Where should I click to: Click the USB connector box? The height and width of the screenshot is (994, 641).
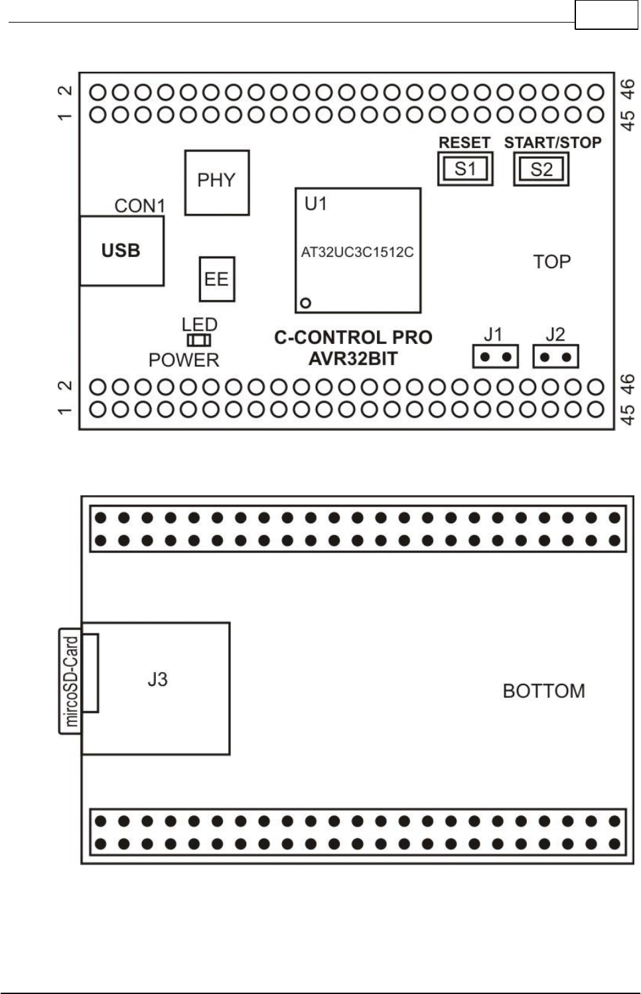click(121, 251)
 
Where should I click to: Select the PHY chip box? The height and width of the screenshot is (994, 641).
click(216, 181)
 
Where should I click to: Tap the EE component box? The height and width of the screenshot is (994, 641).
click(216, 279)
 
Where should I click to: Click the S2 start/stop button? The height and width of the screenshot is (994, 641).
click(541, 169)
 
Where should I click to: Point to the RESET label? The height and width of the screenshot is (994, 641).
click(464, 143)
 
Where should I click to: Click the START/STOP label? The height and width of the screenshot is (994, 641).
click(553, 143)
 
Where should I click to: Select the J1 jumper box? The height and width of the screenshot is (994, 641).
click(495, 357)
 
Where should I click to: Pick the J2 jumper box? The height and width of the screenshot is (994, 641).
click(556, 357)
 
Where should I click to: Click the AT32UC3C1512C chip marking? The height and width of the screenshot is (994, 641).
click(357, 253)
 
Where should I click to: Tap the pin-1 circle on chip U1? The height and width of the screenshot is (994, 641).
click(305, 303)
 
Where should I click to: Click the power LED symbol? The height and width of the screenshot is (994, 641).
click(199, 341)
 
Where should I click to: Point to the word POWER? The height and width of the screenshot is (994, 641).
click(184, 360)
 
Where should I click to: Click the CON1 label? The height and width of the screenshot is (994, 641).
click(139, 206)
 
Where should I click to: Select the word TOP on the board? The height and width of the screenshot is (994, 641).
click(552, 262)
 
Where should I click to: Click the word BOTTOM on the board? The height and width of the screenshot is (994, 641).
click(543, 691)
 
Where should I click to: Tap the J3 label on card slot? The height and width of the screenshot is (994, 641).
click(157, 679)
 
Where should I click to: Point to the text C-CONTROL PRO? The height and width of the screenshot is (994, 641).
click(353, 337)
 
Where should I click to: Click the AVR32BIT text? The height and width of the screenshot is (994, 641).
click(353, 359)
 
